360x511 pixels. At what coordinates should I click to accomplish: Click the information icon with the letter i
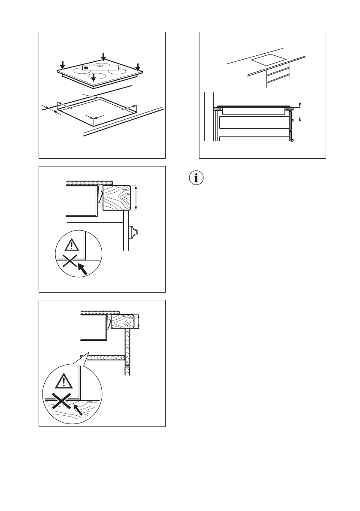coord(197,178)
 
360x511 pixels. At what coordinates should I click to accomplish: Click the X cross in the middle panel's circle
coord(70,260)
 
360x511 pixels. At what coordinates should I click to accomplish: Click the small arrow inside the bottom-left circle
coord(77,408)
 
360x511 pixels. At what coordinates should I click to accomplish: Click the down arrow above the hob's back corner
coord(103,57)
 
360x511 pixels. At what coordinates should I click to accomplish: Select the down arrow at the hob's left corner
coord(63,65)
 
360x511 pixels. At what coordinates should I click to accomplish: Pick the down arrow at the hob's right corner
coord(138,67)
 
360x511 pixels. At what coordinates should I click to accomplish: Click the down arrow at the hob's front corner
coord(94,78)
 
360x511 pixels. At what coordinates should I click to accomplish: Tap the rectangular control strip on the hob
coord(100,67)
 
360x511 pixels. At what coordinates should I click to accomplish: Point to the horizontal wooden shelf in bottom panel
coord(105,357)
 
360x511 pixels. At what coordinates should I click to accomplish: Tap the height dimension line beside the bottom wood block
coord(140,321)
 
